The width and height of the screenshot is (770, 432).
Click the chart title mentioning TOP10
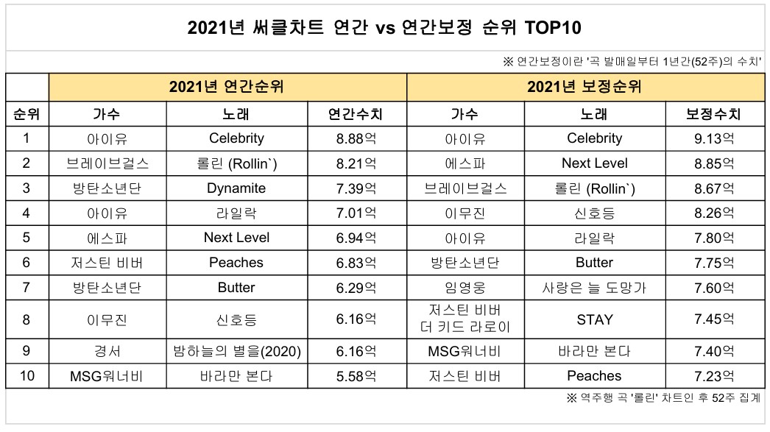click(x=384, y=29)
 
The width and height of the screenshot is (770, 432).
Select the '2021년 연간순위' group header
click(x=227, y=87)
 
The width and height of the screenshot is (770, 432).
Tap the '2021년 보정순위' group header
click(x=584, y=87)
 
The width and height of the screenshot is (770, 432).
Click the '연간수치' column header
click(x=356, y=114)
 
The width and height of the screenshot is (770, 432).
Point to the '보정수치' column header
click(x=713, y=114)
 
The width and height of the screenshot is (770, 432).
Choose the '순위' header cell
click(x=27, y=114)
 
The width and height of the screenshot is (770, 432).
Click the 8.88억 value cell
click(x=356, y=138)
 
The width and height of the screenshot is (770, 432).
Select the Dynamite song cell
click(x=236, y=188)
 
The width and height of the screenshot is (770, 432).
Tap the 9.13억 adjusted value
click(x=713, y=138)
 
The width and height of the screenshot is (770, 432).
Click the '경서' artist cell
click(x=107, y=352)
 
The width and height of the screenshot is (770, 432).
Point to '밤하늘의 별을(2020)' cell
click(x=236, y=352)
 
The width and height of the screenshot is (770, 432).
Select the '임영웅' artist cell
click(x=465, y=288)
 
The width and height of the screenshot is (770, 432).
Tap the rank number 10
click(x=27, y=376)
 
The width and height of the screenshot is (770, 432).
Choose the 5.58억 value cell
click(x=356, y=376)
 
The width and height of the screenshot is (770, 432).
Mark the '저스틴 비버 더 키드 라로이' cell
click(x=465, y=319)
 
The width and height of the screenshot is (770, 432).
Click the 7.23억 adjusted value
click(x=713, y=376)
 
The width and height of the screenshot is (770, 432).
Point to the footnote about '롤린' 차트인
click(x=663, y=398)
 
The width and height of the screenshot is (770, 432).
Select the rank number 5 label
click(x=27, y=238)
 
